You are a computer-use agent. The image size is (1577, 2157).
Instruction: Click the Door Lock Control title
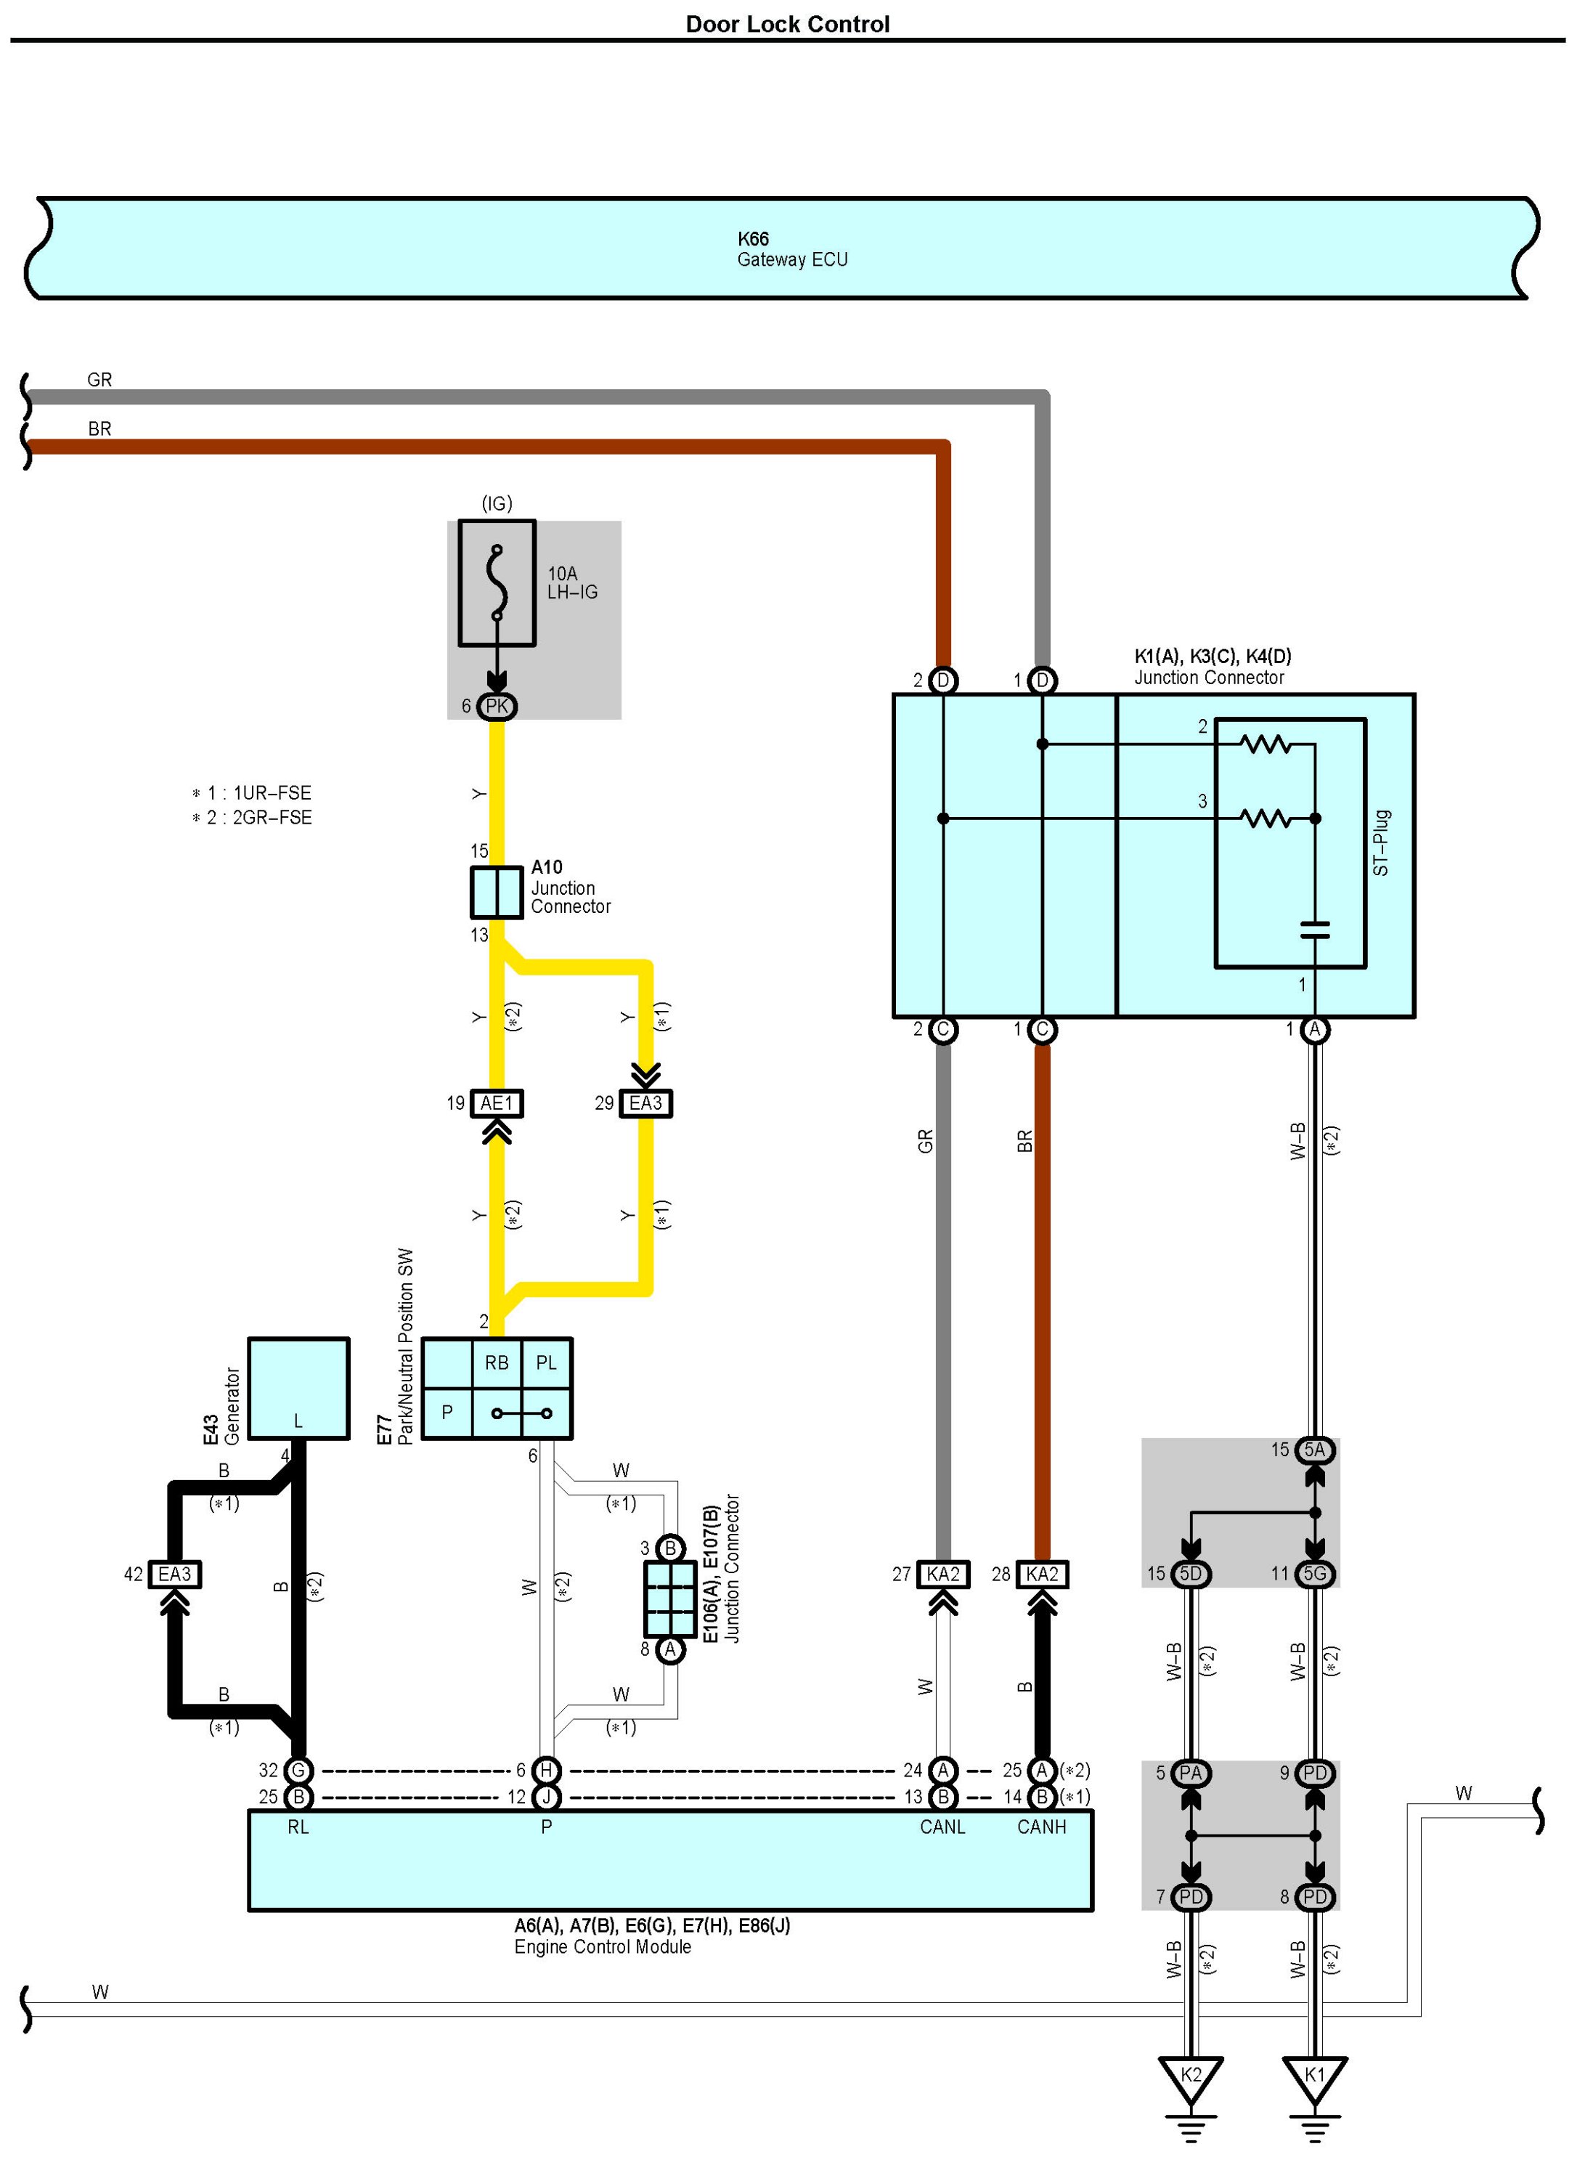coord(788,24)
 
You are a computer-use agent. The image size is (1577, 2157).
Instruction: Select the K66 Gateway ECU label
coord(791,249)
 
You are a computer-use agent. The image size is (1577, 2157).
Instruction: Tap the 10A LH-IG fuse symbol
coord(497,582)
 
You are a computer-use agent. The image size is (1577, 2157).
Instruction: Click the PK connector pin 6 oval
coord(497,707)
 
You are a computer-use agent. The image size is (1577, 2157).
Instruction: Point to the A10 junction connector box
coord(497,892)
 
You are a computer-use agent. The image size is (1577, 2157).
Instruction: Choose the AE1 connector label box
coord(497,1104)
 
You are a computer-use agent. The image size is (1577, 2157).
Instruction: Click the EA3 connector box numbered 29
coord(645,1104)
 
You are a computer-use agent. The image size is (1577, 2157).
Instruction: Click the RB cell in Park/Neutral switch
coord(497,1362)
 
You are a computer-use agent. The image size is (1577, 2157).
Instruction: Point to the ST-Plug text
coord(1380,843)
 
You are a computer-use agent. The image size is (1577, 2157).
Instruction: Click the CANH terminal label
coord(1041,1827)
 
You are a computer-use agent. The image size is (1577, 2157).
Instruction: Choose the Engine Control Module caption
coord(603,1947)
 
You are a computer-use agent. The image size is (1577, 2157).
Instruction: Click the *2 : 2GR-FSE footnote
coord(252,817)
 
